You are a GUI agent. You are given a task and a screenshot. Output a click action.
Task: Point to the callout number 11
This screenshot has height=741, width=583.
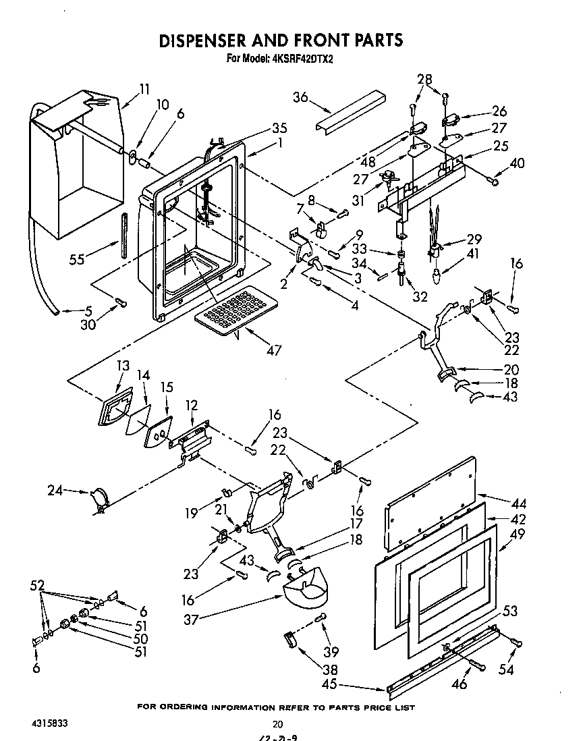click(x=145, y=88)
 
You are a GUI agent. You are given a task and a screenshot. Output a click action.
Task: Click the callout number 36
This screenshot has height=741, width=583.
click(x=301, y=97)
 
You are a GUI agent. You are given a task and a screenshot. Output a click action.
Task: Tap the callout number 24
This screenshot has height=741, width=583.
click(x=55, y=491)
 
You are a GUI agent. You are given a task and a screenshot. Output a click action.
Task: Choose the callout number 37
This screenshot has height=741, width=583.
click(x=192, y=620)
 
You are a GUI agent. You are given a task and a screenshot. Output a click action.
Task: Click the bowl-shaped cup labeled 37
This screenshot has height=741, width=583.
click(x=307, y=588)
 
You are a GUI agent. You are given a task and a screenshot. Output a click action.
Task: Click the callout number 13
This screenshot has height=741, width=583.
click(x=122, y=365)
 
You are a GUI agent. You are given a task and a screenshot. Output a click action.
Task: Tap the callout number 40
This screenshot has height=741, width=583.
click(x=518, y=163)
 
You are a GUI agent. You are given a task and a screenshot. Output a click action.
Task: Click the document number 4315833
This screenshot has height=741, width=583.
click(x=49, y=722)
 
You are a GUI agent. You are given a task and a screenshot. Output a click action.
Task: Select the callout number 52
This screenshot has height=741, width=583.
click(x=39, y=584)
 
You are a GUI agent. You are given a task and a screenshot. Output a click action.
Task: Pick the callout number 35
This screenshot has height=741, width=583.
click(x=260, y=128)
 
